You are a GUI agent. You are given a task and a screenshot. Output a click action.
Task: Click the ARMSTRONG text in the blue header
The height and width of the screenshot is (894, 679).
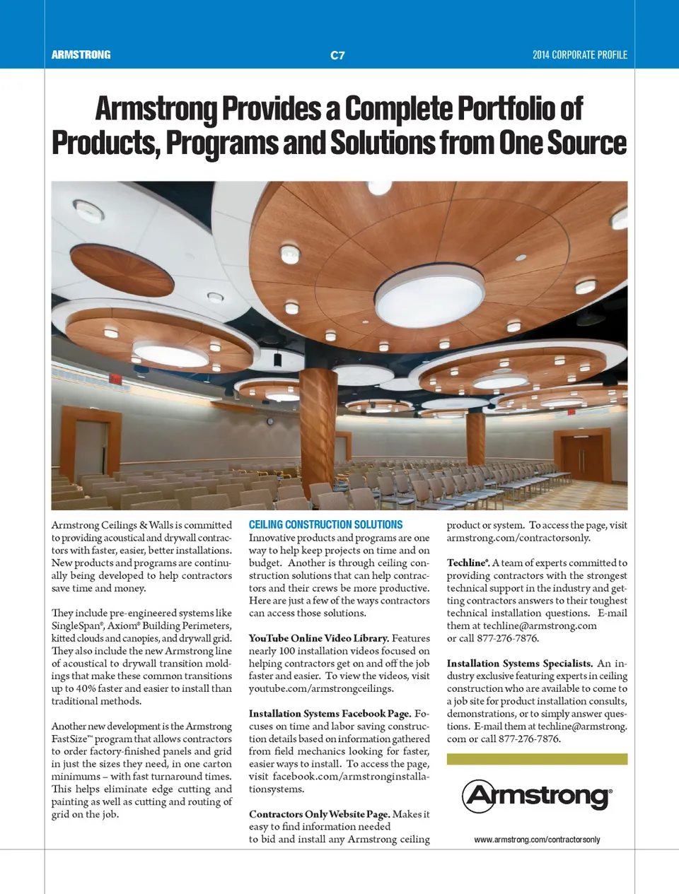pyautogui.click(x=81, y=55)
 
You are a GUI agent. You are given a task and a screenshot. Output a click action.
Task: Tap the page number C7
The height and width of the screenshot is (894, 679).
pyautogui.click(x=337, y=55)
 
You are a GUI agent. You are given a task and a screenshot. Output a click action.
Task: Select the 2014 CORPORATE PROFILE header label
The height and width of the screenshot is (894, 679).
pyautogui.click(x=579, y=55)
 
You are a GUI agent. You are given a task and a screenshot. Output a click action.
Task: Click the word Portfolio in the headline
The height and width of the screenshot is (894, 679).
pyautogui.click(x=520, y=110)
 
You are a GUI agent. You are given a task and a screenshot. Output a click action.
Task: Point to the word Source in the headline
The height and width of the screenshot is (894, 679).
pyautogui.click(x=586, y=143)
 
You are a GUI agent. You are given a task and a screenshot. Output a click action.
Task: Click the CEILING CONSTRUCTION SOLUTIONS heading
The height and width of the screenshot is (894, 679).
pyautogui.click(x=325, y=525)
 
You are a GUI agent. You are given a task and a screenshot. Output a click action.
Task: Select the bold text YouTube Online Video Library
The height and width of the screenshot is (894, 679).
pyautogui.click(x=318, y=638)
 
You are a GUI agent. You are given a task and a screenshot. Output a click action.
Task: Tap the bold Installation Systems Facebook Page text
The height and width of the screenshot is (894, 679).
pyautogui.click(x=330, y=714)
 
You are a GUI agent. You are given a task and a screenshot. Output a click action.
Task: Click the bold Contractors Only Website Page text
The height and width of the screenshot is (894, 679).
pyautogui.click(x=319, y=814)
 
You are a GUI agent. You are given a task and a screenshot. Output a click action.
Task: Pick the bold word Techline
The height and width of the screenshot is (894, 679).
pyautogui.click(x=466, y=563)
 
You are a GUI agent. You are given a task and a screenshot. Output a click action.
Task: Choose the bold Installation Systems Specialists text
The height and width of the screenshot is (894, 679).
pyautogui.click(x=519, y=664)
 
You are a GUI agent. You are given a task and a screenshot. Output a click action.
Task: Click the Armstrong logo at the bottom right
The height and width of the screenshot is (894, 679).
pyautogui.click(x=537, y=796)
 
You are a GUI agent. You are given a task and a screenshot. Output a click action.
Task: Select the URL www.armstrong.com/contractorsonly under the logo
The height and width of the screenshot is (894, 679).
pyautogui.click(x=537, y=840)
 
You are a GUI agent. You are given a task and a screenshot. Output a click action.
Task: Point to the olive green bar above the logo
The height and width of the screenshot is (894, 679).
pyautogui.click(x=537, y=759)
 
